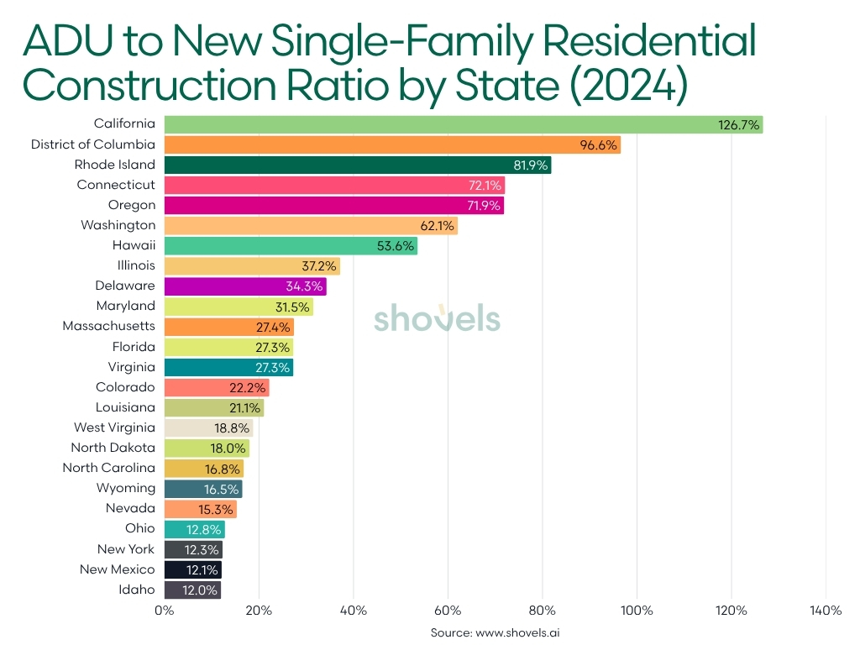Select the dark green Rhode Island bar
point(357,165)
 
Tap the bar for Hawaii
point(290,245)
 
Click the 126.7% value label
point(739,124)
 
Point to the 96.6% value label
point(599,144)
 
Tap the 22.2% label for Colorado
point(249,387)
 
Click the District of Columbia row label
point(93,144)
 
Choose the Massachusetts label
point(109,326)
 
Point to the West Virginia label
point(114,427)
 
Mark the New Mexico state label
point(118,569)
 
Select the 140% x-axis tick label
point(826,611)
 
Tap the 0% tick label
point(165,611)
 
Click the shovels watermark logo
point(437,319)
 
